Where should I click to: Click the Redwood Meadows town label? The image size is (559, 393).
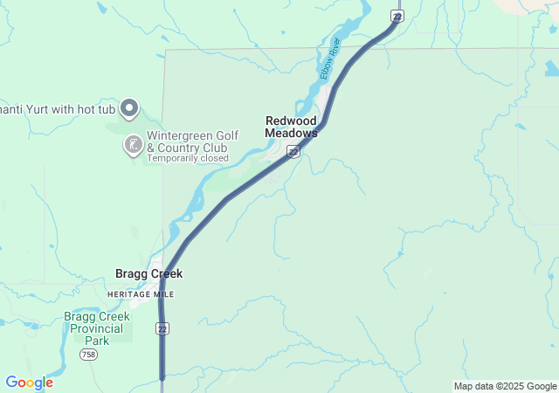click(291, 127)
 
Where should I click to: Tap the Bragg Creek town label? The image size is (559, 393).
click(148, 273)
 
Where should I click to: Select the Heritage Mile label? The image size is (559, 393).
click(140, 294)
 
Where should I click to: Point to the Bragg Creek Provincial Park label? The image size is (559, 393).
click(97, 328)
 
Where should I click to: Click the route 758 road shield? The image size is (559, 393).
click(87, 355)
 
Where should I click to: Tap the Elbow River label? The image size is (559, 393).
click(330, 59)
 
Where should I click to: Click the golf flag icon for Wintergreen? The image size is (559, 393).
click(132, 145)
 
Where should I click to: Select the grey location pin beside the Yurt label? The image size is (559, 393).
click(129, 108)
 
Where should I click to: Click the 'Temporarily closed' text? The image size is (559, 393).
click(188, 159)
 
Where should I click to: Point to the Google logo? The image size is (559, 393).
click(29, 383)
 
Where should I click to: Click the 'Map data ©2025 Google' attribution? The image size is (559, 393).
click(505, 386)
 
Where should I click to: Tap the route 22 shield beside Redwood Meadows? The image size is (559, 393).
click(293, 152)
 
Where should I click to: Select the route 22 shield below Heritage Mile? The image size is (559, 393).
click(162, 328)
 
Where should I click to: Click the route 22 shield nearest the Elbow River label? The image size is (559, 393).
click(397, 17)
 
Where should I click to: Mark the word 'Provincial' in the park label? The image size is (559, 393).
click(97, 328)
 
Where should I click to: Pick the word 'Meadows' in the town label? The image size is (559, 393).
click(291, 133)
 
